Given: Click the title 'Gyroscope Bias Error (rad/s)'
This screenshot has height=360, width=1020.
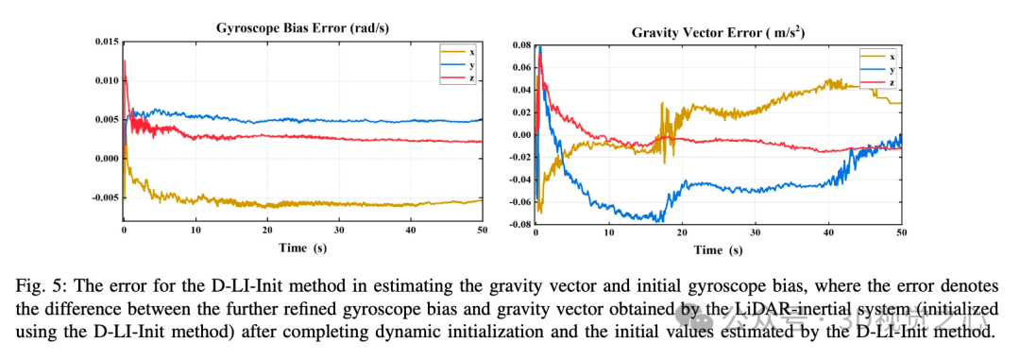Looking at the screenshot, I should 294,28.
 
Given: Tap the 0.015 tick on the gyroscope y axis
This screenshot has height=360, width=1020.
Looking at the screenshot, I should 106,42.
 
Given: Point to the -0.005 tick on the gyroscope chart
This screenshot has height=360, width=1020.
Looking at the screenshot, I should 104,197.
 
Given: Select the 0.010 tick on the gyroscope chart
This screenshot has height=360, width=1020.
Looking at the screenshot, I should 106,80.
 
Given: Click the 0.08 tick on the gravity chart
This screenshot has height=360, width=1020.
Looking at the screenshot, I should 519,44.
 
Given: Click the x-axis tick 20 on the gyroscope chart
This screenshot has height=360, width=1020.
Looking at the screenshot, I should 267,230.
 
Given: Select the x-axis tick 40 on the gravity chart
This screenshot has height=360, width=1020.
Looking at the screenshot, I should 827,232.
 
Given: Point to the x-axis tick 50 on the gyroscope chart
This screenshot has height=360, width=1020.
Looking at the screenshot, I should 482,230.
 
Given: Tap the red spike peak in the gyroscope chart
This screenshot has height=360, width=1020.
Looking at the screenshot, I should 125,61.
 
